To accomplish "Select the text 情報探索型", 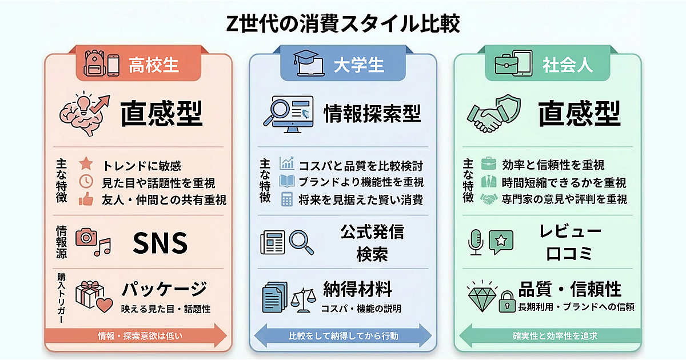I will tap(372, 113).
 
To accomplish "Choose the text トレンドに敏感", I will tap(142, 166).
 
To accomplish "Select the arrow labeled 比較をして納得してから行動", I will tap(343, 335).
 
